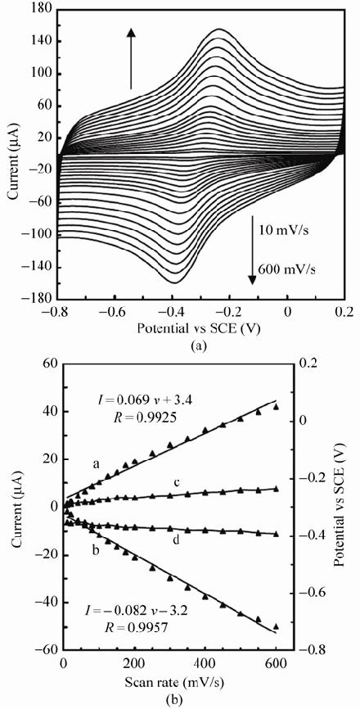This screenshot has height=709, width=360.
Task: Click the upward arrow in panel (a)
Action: click(x=131, y=56)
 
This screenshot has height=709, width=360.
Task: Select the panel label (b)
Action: click(x=196, y=702)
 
